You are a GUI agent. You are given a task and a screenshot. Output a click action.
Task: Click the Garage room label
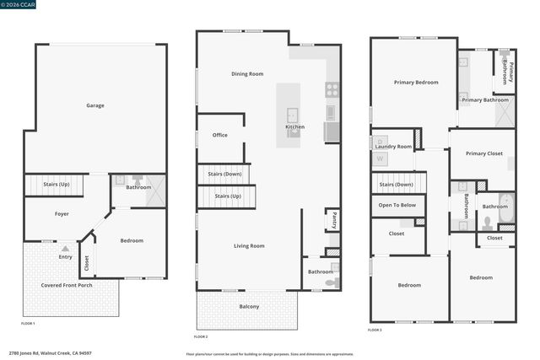[x=95, y=105]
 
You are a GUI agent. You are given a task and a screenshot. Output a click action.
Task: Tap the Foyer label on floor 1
[x=62, y=214]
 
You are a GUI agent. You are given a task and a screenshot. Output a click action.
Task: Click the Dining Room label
[x=247, y=74]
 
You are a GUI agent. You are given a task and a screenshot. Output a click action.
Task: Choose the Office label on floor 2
[x=220, y=135]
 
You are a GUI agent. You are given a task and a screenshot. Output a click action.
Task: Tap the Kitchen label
[x=294, y=127]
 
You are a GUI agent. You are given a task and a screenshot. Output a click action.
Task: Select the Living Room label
[x=249, y=245]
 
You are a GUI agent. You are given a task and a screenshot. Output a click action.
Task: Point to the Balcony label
[x=249, y=306]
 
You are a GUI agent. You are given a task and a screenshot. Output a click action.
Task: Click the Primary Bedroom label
[x=415, y=83]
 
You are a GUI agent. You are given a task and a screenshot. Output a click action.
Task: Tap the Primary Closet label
[x=483, y=153]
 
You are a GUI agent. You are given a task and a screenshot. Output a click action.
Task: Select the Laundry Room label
[x=394, y=147]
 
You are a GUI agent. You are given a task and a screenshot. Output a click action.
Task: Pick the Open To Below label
[x=397, y=205]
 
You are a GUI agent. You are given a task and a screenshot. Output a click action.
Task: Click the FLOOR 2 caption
[x=201, y=337]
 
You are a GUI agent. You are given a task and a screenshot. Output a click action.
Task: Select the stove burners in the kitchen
[x=332, y=88]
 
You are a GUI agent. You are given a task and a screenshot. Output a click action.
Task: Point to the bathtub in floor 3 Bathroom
[x=505, y=211]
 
